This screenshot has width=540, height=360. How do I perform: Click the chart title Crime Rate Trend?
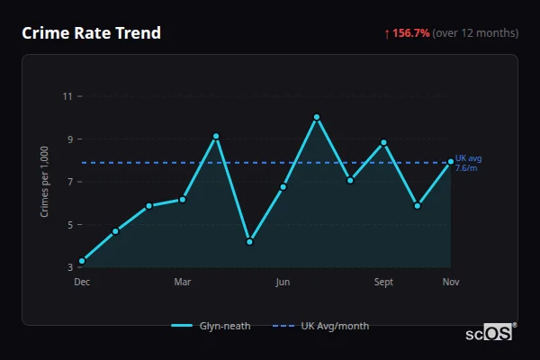92,33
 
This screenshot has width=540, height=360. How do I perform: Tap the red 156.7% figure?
410,33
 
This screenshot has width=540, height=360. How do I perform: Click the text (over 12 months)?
475,33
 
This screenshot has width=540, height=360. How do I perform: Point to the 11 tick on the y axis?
68,95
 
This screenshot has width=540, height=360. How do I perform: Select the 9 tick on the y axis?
68,139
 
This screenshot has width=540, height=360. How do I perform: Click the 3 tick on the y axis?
68,267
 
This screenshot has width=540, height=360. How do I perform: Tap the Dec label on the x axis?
82,283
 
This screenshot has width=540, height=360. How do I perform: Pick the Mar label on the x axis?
183,283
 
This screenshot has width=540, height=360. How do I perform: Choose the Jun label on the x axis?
283,283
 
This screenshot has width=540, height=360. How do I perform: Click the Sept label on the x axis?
383,283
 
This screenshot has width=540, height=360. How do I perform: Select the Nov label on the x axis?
451,283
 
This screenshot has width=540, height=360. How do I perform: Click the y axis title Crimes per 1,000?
45,182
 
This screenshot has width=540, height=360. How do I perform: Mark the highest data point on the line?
317,117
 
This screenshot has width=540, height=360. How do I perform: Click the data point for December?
82,261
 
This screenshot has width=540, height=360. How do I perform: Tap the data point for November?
451,162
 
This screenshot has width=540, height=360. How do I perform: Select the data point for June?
283,187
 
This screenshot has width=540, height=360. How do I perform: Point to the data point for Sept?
383,142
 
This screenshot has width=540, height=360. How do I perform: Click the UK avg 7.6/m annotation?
468,163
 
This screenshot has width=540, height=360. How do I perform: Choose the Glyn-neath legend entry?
211,326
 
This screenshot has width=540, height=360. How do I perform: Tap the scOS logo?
489,332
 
